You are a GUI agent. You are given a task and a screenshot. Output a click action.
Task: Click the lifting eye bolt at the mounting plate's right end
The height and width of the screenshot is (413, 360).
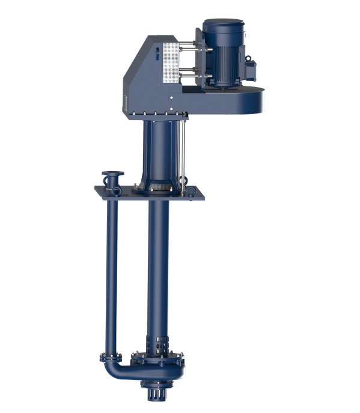tap(191, 191)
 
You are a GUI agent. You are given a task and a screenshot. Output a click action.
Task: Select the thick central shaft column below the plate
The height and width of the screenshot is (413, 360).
tap(159, 264)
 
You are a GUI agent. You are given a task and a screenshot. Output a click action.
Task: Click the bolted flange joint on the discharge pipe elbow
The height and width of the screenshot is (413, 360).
tap(111, 358)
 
